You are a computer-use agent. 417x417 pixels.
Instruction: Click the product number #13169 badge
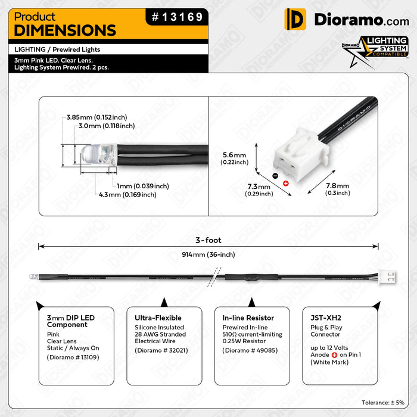point(177,17)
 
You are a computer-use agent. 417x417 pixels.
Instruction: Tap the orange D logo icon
point(295,19)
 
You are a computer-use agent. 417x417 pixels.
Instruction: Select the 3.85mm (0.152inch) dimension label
point(97,117)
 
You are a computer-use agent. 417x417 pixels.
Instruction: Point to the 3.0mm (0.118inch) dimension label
point(107,126)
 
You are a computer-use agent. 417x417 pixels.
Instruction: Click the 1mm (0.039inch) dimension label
point(143,186)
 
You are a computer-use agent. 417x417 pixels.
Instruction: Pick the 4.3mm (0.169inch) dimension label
point(127,195)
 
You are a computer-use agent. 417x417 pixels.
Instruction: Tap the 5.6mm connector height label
point(234,158)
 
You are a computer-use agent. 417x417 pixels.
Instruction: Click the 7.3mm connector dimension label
point(259,190)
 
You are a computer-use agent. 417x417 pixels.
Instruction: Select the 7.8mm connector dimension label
point(338,189)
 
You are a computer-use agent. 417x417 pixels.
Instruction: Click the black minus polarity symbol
point(275,176)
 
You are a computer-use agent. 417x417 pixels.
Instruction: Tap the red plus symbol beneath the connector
point(285,183)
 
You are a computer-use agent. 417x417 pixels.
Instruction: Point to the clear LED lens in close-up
point(99,154)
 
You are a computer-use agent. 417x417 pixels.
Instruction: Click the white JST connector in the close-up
point(301,155)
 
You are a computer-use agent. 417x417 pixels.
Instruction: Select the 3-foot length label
point(208,240)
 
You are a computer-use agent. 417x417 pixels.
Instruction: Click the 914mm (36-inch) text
point(208,254)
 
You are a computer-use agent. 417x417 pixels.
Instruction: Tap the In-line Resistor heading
point(248,318)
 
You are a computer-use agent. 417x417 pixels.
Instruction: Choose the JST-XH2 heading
point(326,318)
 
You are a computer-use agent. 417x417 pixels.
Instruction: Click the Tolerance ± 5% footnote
point(383,403)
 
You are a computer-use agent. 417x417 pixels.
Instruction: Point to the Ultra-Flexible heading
point(158,318)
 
